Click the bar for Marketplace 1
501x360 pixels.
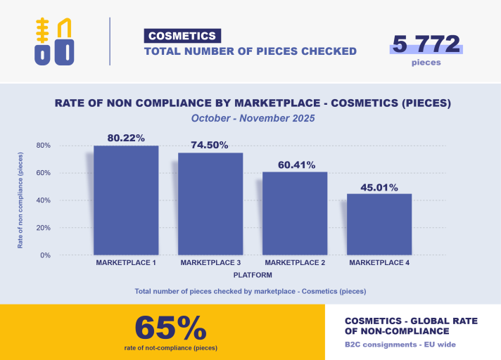click(x=126, y=200)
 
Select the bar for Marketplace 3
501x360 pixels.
click(x=210, y=204)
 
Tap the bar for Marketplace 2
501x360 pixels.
click(x=295, y=213)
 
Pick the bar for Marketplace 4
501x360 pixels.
click(x=379, y=224)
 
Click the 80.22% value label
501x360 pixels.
click(x=126, y=138)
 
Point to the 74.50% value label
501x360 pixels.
click(x=210, y=146)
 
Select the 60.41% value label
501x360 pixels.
click(x=295, y=165)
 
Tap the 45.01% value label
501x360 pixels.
click(x=379, y=187)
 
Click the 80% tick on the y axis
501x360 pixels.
click(x=44, y=146)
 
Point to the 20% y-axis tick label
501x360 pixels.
click(x=44, y=228)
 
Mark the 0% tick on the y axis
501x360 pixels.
click(x=46, y=255)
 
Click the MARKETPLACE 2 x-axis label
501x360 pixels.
click(x=295, y=263)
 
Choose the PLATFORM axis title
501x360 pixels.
click(x=253, y=275)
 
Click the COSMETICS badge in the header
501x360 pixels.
click(x=182, y=36)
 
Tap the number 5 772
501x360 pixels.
click(x=426, y=44)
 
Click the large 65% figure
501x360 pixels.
click(x=171, y=328)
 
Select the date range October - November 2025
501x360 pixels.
click(x=253, y=118)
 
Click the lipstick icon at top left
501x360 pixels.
click(x=55, y=41)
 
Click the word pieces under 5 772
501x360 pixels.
click(x=426, y=63)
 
